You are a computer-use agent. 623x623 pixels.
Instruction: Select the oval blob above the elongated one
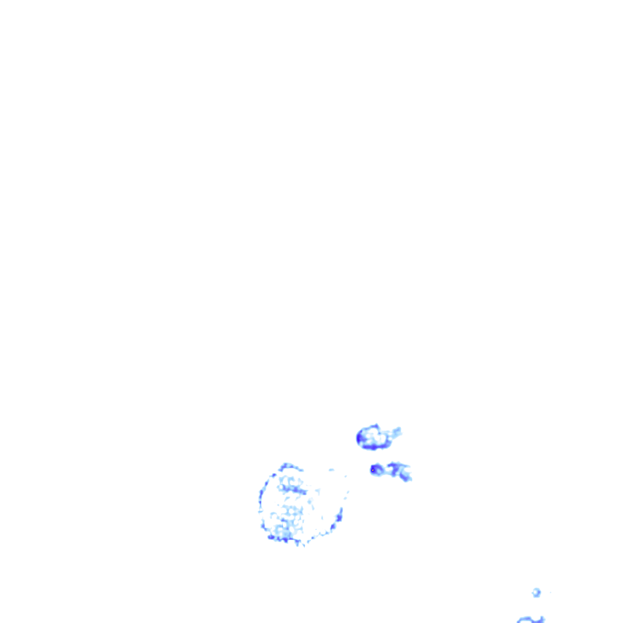[x=374, y=437]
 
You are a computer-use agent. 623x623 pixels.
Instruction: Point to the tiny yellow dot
[x=372, y=470]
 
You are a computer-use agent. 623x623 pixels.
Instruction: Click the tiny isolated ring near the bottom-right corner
[x=536, y=592]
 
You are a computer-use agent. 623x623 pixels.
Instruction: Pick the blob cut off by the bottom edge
[x=531, y=619]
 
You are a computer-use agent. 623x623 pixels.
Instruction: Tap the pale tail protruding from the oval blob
[x=395, y=433]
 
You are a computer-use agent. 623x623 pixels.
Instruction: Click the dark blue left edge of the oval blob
[x=360, y=437]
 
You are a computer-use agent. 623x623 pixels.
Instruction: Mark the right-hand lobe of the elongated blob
[x=403, y=472]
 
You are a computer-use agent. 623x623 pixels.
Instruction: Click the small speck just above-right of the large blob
[x=332, y=470]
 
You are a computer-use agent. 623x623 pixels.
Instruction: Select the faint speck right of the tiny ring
[x=550, y=592]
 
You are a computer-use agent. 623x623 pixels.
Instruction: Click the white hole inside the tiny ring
[x=536, y=592]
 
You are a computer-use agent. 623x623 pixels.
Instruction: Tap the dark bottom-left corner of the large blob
[x=271, y=537]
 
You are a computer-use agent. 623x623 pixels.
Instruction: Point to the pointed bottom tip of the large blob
[x=299, y=544]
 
